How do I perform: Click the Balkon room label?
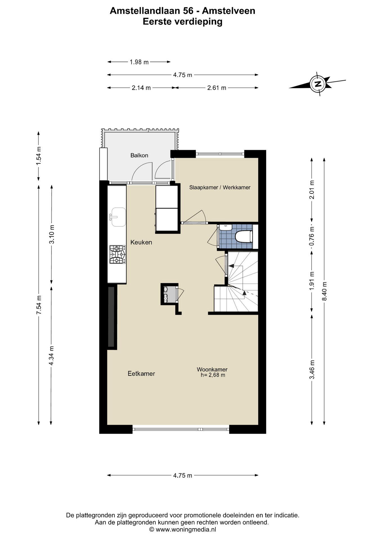pos(139,155)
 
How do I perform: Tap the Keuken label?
pos(141,242)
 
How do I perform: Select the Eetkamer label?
pos(141,373)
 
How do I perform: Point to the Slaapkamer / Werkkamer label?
pos(220,187)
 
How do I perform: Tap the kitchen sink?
pos(118,217)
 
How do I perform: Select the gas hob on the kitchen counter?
pos(118,254)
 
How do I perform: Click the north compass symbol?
pos(318,84)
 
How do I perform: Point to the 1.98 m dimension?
pos(139,62)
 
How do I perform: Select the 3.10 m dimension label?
pos(51,235)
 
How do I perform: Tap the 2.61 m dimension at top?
pos(217,88)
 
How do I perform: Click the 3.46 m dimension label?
pos(312,369)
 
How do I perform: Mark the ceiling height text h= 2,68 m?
pos(213,375)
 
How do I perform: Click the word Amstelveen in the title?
pos(229,11)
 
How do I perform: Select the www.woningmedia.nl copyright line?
pos(183,529)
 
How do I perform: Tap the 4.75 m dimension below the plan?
pos(183,475)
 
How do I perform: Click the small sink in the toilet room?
pos(225,227)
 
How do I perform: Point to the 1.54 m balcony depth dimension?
pos(39,156)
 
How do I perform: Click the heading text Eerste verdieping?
pos(183,21)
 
